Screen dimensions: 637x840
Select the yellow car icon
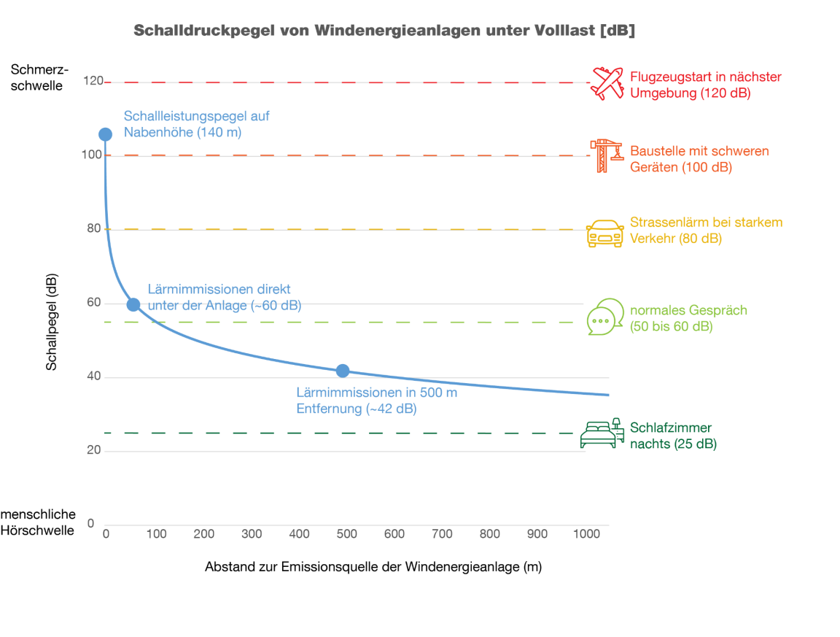tap(604, 233)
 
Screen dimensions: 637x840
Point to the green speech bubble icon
tap(605, 317)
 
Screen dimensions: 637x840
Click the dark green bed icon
tap(602, 433)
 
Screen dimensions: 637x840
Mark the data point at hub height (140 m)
tap(105, 134)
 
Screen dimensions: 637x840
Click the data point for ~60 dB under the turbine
tap(133, 304)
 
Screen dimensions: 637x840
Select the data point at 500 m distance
tap(343, 371)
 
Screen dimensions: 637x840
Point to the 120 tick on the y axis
tap(93, 81)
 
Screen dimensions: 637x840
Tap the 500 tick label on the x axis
tap(346, 534)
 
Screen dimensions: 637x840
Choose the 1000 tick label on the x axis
tap(585, 534)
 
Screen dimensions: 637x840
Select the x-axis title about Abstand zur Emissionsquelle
tap(373, 567)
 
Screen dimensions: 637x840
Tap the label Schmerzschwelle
tap(40, 77)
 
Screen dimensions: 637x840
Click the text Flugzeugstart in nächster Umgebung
tap(705, 85)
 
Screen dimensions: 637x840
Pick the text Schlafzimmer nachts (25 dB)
tap(673, 436)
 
